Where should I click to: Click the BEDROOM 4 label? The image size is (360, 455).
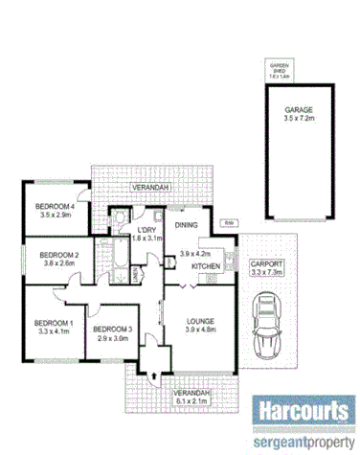pos(55,207)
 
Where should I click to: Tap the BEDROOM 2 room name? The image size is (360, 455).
pos(58,254)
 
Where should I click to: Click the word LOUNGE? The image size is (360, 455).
pos(199,320)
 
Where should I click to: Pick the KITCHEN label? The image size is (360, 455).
pos(206,265)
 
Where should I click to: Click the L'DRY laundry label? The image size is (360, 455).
pos(146,230)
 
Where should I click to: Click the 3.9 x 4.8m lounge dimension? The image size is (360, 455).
pos(200,330)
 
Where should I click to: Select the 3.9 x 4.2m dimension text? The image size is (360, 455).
pos(195,254)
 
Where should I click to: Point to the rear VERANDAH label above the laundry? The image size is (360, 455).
pos(151,187)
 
